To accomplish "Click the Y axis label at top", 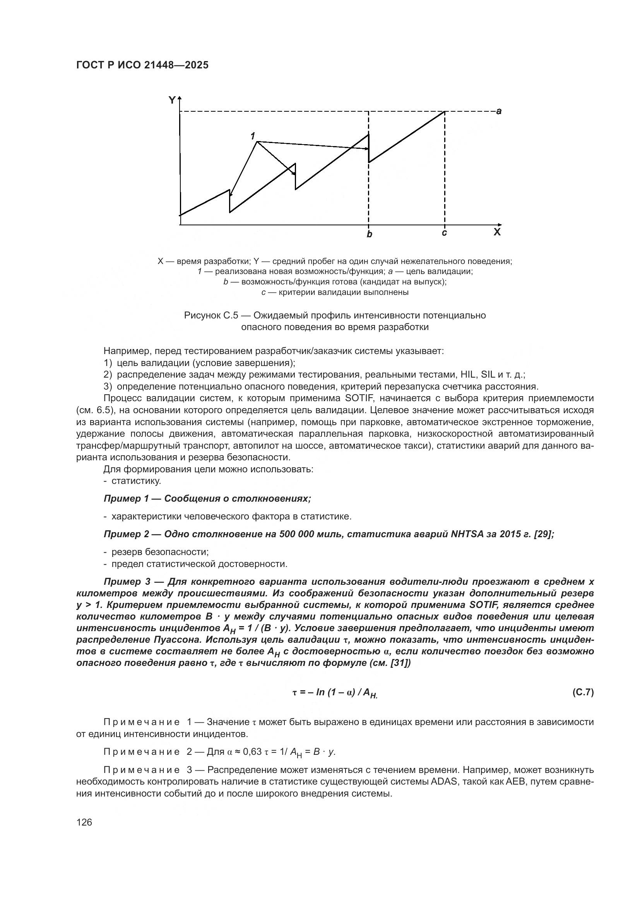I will pos(172,100).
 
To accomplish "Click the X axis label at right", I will pos(497,232).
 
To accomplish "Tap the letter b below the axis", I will pos(369,235).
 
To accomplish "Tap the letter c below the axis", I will pos(444,233).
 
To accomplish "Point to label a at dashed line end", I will pos(499,111).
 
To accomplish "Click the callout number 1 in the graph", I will pos(253,136).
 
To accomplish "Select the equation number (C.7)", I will pos(582,692).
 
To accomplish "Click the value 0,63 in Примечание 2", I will pos(252,752).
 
